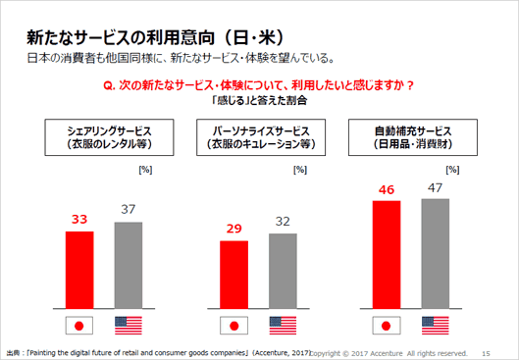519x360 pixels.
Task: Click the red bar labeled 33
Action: coord(79,270)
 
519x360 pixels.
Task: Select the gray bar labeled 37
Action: coord(129,265)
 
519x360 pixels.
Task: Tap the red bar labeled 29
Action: coord(234,275)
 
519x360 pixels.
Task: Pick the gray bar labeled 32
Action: coord(283,271)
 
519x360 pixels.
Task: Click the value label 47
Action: coord(435,186)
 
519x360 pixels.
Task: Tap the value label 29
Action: coord(234,230)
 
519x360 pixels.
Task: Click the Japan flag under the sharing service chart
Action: coord(79,326)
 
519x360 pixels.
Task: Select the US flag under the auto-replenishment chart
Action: coord(436,326)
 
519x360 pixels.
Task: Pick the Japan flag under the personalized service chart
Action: coord(234,326)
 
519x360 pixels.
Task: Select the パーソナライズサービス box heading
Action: coord(258,135)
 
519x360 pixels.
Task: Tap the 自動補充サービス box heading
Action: coord(411,135)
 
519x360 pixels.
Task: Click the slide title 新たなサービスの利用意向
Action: coord(135,37)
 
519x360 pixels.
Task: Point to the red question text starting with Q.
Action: coord(258,86)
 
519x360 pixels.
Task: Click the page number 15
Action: coord(488,352)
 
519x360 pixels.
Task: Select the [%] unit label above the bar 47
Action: coord(452,170)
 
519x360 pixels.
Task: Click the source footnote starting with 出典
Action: coord(157,352)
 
